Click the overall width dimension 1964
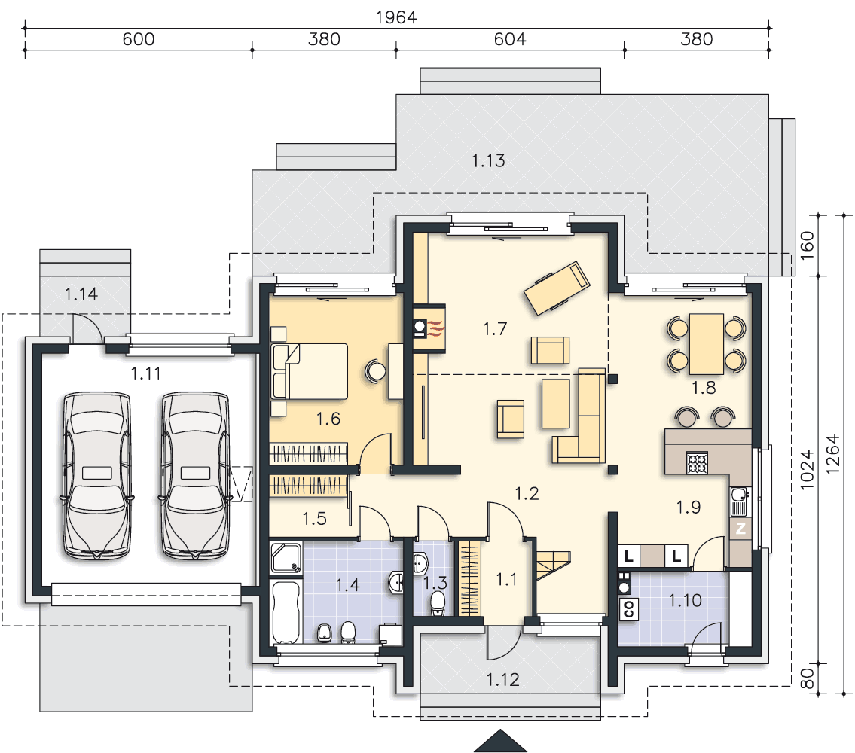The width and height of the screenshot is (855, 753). tap(396, 17)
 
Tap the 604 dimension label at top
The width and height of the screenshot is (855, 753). tap(510, 39)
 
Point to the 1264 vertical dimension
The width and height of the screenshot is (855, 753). tap(832, 454)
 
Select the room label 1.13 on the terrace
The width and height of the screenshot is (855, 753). tap(488, 161)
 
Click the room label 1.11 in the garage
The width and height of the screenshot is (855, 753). tap(145, 373)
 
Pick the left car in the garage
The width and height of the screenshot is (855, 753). tap(97, 475)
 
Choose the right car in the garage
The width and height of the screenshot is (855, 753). tap(195, 475)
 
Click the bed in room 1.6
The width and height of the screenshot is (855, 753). tap(310, 371)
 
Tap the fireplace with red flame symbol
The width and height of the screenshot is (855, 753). tap(429, 328)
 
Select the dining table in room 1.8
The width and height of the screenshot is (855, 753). tap(707, 344)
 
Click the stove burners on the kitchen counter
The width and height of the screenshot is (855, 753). tap(697, 462)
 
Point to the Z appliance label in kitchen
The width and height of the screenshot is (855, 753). tap(740, 529)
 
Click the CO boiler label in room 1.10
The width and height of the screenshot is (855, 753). tap(629, 609)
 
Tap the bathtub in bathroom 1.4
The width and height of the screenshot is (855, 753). tap(286, 612)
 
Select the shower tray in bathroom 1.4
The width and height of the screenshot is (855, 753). tap(286, 558)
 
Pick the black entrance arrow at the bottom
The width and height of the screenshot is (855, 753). tap(500, 741)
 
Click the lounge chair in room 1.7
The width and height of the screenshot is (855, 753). tap(557, 288)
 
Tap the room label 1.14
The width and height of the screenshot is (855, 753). tap(81, 294)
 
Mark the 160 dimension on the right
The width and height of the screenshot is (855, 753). tap(807, 245)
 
